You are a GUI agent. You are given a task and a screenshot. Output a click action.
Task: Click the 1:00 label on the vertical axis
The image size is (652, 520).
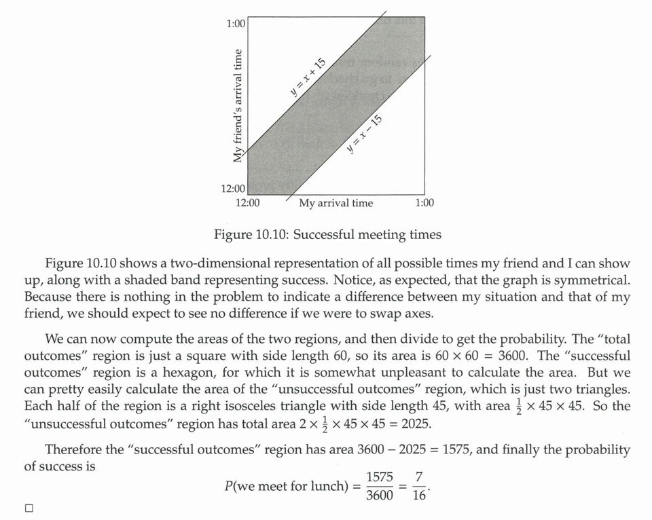tap(235, 24)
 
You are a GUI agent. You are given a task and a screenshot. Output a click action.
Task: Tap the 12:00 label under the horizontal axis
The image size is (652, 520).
tap(247, 203)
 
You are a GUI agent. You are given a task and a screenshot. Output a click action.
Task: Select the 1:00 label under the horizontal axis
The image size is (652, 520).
tap(424, 203)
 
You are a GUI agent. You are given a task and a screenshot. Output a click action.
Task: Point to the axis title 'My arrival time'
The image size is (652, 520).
tap(336, 203)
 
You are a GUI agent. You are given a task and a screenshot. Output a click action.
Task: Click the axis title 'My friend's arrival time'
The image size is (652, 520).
tap(238, 105)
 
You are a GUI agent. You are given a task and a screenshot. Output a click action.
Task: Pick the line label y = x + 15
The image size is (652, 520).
tap(308, 78)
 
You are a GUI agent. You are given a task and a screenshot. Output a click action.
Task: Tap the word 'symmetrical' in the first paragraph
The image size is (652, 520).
tap(592, 280)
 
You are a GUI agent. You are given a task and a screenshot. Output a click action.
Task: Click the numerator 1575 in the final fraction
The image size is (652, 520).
tap(380, 478)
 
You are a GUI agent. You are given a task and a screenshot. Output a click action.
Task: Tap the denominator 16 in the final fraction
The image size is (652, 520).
tap(420, 496)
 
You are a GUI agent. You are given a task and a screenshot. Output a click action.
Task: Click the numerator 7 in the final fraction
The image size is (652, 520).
tap(420, 478)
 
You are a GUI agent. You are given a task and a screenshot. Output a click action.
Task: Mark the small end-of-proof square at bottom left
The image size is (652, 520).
tap(29, 508)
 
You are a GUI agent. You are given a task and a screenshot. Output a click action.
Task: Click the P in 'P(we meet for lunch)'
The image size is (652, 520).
tap(229, 487)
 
